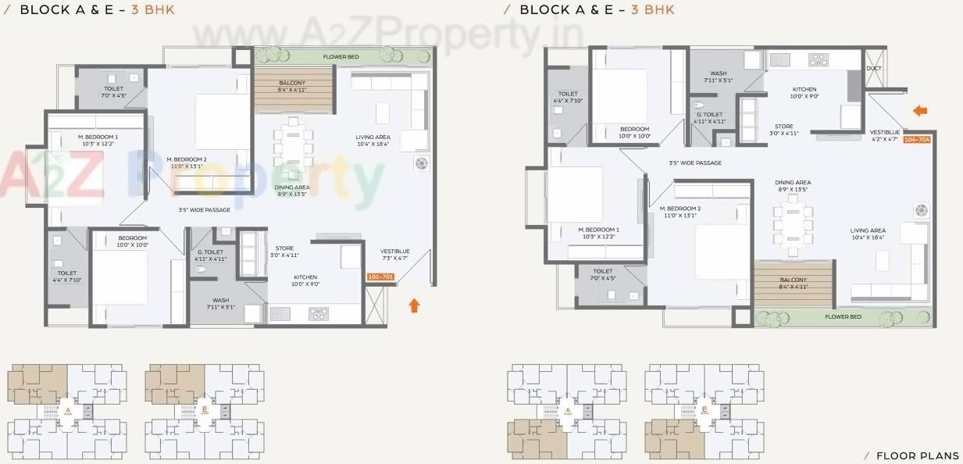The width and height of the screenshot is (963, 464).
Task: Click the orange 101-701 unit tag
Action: coord(380,276)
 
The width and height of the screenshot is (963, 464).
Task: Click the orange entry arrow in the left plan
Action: coord(415,304)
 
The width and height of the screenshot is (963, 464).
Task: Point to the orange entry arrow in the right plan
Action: coord(920,111)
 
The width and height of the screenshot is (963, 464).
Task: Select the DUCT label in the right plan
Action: coord(874,69)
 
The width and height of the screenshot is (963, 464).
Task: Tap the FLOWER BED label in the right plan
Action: coord(844,316)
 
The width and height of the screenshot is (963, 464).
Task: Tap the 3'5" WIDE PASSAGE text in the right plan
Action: coord(694,163)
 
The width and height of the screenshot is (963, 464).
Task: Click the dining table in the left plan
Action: coord(292,148)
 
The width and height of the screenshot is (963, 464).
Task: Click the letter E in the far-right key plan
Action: coord(704,409)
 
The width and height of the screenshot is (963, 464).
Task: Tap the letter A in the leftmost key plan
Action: coord(68,409)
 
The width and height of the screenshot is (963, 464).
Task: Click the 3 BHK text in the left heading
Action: coord(153,10)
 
